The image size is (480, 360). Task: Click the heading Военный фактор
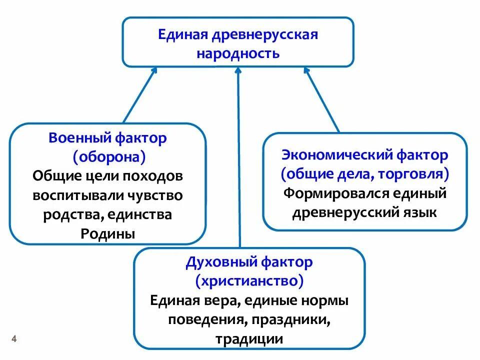(x=107, y=138)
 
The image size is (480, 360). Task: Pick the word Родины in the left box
(x=108, y=233)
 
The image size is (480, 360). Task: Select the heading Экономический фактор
(x=364, y=155)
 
